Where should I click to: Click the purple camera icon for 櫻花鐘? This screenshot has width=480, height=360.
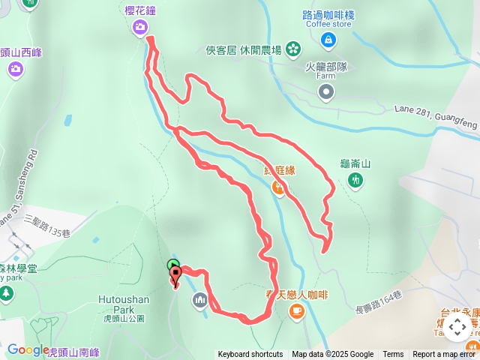140,28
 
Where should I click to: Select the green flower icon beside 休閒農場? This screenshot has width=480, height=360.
293,50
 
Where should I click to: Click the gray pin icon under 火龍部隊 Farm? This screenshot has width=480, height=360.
326,92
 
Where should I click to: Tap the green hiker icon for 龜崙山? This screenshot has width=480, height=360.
355,179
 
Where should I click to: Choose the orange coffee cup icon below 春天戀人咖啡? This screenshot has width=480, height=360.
297,310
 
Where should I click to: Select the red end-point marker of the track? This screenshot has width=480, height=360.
176,276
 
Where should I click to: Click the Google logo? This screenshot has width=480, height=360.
28,350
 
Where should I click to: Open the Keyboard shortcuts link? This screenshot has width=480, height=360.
250,355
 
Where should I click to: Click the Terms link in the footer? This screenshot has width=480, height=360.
393,355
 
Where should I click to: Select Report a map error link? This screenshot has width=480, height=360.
445,355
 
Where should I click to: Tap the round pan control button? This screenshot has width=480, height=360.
457,327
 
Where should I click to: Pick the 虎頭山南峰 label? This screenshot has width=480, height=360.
73,351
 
